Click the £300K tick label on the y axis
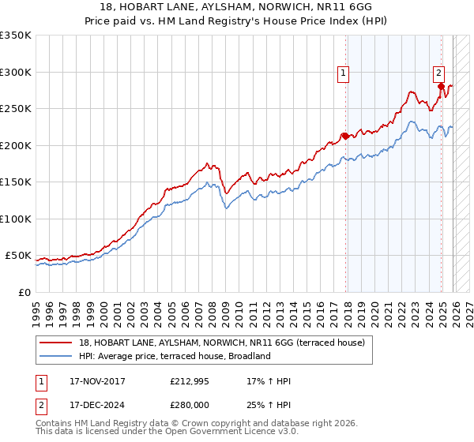coord(16,72)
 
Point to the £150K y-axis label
coord(16,182)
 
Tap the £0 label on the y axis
coord(24,292)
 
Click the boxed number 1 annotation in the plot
coord(344,73)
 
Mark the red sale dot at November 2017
coord(344,136)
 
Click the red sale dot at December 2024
coord(441,87)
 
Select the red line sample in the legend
coord(56,343)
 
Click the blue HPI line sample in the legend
coord(56,356)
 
